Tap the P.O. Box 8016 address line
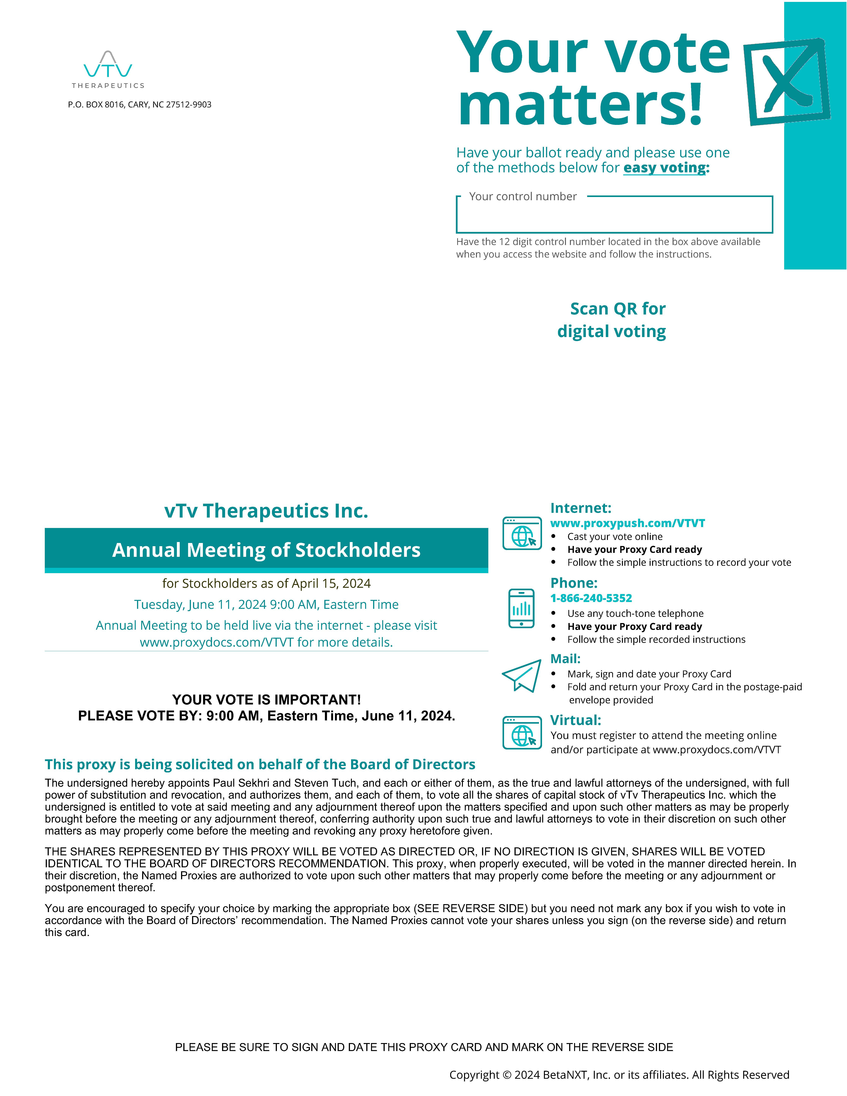click(139, 104)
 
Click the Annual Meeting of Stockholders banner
click(266, 550)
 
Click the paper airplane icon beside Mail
click(522, 676)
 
